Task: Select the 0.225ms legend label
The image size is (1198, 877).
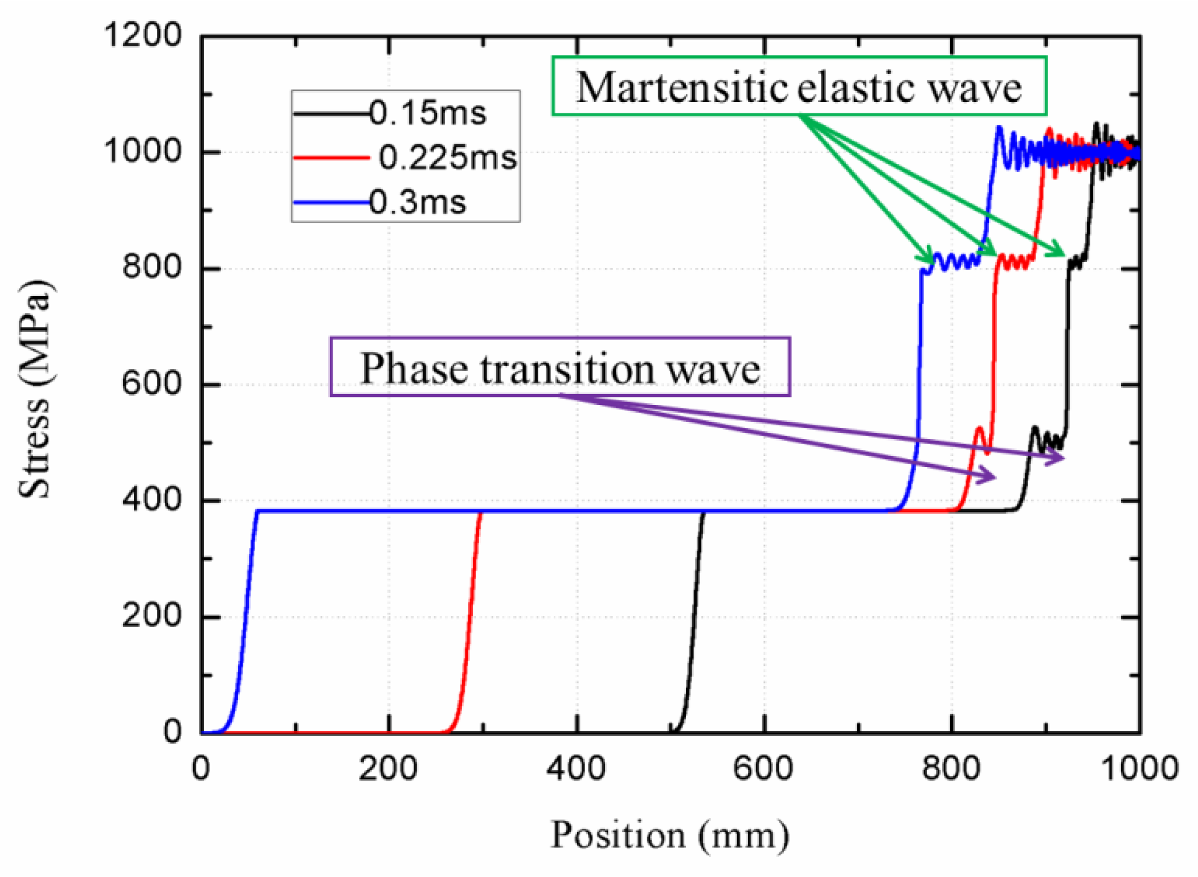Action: (x=448, y=158)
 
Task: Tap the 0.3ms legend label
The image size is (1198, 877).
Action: (x=418, y=202)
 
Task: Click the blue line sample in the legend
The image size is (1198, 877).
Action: (x=330, y=202)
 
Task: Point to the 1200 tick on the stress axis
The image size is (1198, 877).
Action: (x=142, y=35)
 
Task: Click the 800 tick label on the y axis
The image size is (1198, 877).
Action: (x=152, y=267)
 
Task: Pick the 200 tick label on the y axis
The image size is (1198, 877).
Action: (x=152, y=616)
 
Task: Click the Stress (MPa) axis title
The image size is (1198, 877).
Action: (x=35, y=390)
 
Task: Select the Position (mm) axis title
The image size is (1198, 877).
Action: (x=670, y=835)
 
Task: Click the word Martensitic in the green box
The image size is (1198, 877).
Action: (x=681, y=88)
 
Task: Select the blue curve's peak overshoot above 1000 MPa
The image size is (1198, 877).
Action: (x=999, y=130)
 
